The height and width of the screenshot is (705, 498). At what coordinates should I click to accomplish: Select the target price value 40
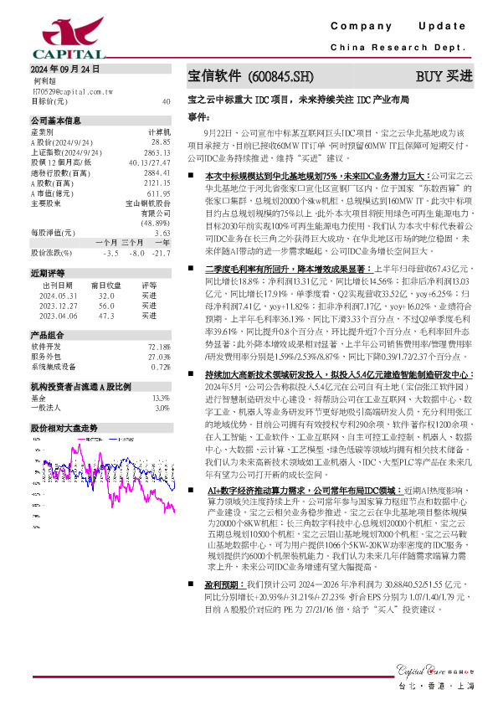tap(166, 100)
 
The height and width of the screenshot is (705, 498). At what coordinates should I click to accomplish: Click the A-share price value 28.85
tap(161, 142)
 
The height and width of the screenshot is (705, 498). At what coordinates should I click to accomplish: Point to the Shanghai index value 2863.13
tap(157, 152)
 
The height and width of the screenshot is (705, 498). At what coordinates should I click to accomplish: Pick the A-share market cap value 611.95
tap(159, 193)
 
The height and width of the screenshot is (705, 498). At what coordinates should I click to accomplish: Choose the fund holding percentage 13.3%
tap(162, 422)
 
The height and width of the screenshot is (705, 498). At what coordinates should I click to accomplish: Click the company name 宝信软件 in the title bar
tap(215, 76)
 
